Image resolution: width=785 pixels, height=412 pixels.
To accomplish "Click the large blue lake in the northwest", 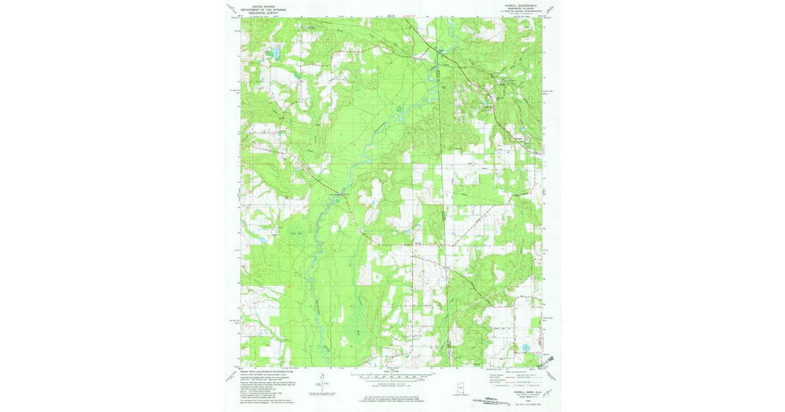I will pos(277,53).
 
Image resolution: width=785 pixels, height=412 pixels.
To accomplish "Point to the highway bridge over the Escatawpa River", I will pos(343,195).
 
